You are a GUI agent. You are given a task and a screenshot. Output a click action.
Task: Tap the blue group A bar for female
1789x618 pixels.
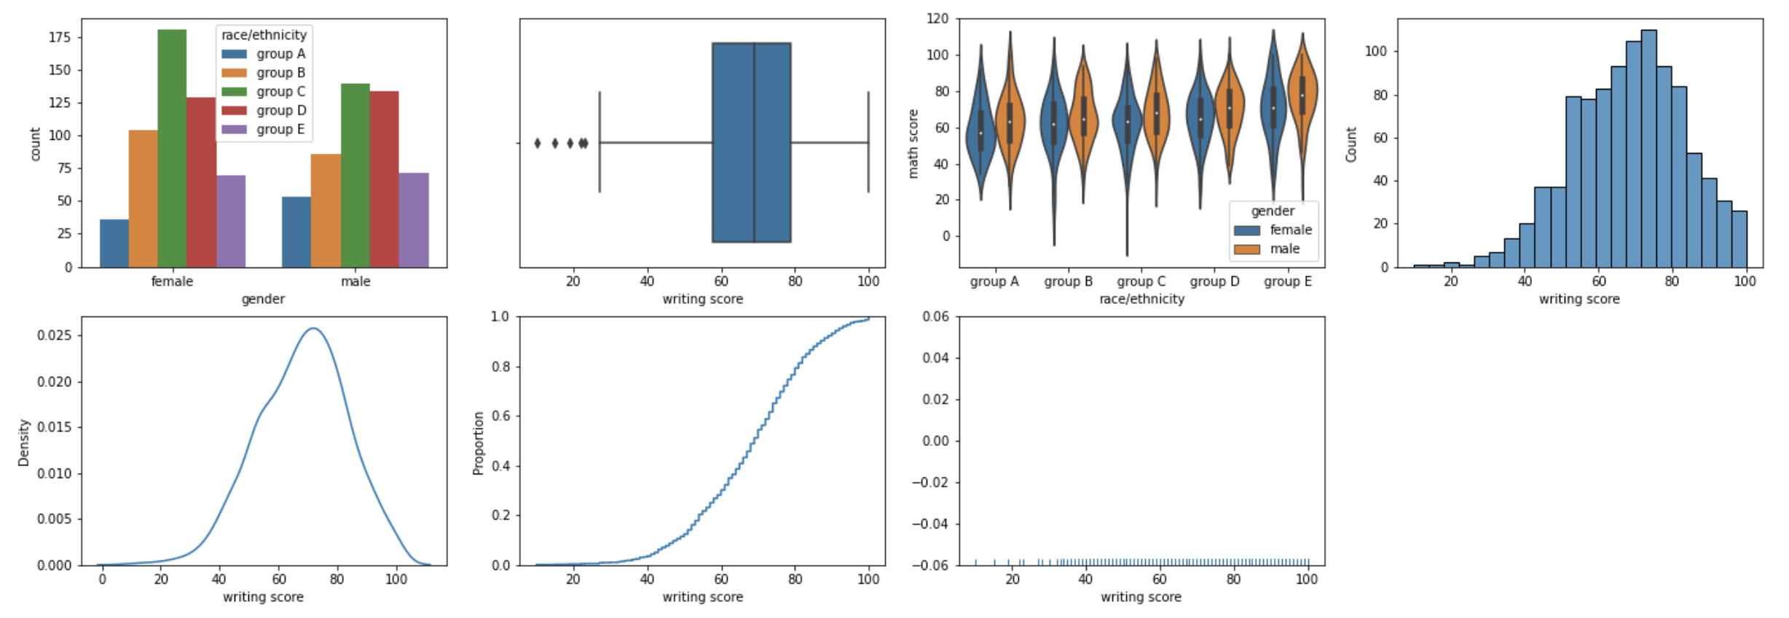coord(114,243)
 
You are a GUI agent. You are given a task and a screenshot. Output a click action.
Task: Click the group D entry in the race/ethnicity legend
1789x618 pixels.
coord(280,111)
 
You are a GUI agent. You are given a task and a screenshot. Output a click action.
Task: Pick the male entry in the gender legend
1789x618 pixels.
coord(1284,249)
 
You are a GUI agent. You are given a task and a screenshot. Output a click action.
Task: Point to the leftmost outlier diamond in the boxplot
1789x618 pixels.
coord(538,143)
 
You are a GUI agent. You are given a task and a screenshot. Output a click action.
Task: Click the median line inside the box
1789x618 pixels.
coord(754,143)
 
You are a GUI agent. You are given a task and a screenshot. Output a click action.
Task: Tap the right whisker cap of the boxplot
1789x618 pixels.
coord(868,143)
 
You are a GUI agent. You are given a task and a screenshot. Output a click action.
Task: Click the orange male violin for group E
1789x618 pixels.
coord(1302,95)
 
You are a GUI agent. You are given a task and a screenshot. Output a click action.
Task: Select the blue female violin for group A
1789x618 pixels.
coord(980,131)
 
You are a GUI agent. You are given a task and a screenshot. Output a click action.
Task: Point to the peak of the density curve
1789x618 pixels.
coord(313,328)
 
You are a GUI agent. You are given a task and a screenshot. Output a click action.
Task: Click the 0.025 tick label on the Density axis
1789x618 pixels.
coord(55,335)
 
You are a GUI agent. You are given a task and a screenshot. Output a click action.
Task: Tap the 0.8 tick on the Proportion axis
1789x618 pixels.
coord(500,367)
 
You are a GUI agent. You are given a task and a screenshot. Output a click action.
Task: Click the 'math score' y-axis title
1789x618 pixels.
coord(913,144)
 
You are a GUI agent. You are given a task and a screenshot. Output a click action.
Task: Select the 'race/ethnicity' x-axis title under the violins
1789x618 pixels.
coord(1141,299)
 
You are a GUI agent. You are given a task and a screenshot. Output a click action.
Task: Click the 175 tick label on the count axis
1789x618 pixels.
coord(60,37)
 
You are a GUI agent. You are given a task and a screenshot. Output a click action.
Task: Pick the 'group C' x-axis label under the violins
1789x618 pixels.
coord(1141,281)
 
